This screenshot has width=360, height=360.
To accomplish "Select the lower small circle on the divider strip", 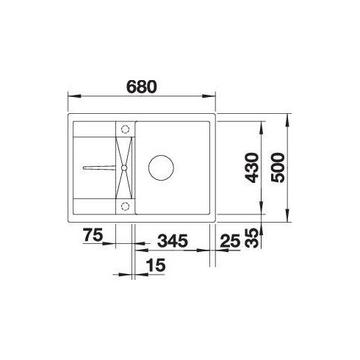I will click(124, 205).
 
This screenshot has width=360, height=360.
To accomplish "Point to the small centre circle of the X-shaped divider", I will click(124, 168).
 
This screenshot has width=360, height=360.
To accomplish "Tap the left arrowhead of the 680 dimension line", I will click(71, 97).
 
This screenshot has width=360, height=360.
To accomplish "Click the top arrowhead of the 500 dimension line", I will click(288, 116).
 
